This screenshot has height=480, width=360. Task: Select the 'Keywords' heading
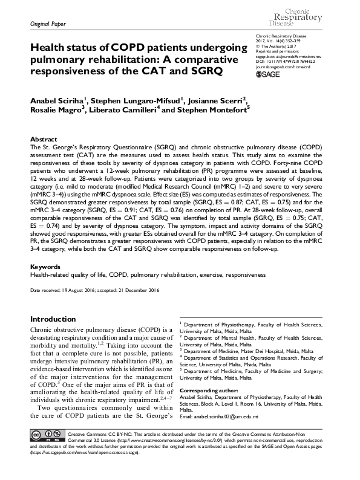pyautogui.click(x=46, y=266)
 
